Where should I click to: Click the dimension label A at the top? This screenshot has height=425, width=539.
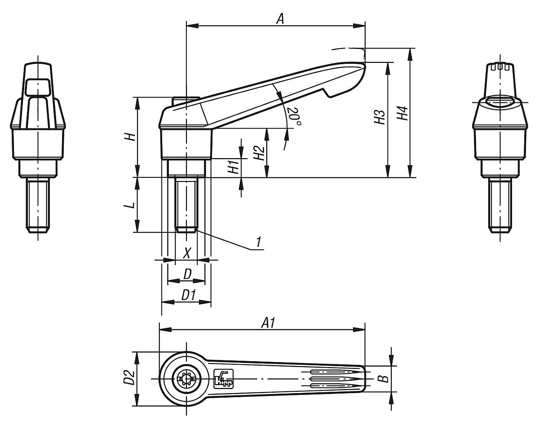tap(280, 18)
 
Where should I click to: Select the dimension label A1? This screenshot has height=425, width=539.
tap(268, 323)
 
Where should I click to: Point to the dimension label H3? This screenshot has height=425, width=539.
tap(380, 118)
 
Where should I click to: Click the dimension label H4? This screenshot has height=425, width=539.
tap(403, 113)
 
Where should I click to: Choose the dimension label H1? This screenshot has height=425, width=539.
tap(233, 168)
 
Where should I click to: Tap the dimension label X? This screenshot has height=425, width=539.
tap(187, 253)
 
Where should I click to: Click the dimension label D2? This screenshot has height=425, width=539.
tap(129, 378)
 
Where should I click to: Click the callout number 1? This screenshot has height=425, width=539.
tap(258, 242)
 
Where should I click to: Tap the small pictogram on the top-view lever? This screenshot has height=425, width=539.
tap(224, 378)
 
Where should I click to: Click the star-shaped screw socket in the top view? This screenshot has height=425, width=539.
tap(186, 379)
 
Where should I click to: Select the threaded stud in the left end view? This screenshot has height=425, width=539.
tap(38, 204)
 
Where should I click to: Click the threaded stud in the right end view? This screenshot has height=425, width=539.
tap(499, 204)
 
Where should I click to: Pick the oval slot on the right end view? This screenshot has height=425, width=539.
tap(499, 102)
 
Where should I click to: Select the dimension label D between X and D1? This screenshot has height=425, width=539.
tap(187, 274)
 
